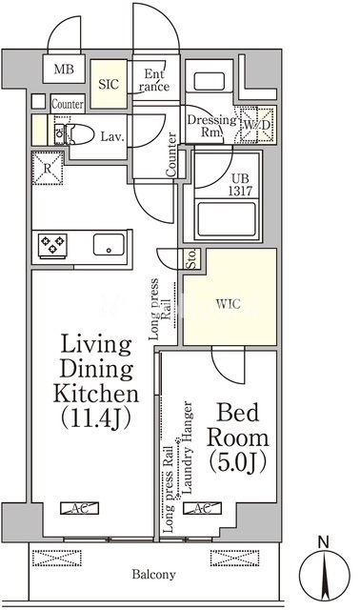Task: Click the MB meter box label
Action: (64, 70)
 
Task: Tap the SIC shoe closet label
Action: (109, 84)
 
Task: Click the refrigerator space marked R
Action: (48, 168)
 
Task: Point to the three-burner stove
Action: (52, 246)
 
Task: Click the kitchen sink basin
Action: (109, 244)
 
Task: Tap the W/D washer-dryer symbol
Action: (257, 125)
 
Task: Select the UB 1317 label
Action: (240, 184)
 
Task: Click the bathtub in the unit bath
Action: (227, 220)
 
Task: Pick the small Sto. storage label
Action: (192, 258)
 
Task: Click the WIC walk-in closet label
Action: (229, 304)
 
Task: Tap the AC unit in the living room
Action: (79, 508)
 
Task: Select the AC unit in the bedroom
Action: (202, 508)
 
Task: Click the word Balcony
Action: (153, 574)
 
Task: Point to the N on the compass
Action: (323, 541)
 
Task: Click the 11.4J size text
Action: (95, 417)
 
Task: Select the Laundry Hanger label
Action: (188, 448)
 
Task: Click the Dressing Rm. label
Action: (211, 126)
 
